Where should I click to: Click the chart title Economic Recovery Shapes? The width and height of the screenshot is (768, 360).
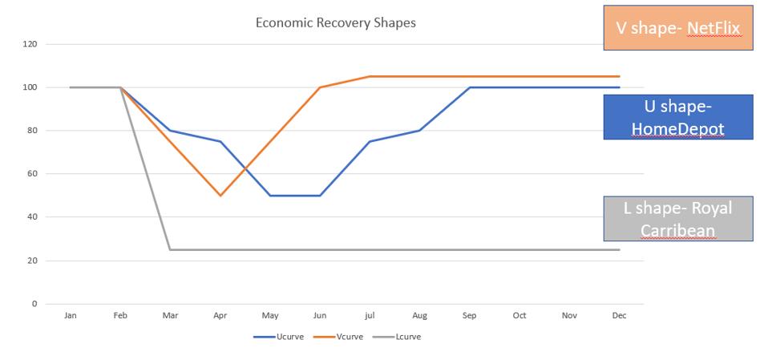pyautogui.click(x=335, y=22)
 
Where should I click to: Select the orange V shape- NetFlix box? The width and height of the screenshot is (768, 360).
pyautogui.click(x=677, y=28)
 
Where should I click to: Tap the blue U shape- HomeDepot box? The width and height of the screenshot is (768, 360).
pyautogui.click(x=677, y=117)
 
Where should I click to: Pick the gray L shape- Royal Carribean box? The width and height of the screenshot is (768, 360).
pyautogui.click(x=677, y=219)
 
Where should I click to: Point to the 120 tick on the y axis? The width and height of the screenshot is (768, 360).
pyautogui.click(x=30, y=44)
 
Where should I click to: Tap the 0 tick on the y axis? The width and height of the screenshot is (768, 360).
pyautogui.click(x=34, y=304)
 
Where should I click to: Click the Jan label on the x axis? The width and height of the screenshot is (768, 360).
pyautogui.click(x=71, y=316)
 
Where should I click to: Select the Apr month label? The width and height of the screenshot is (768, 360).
pyautogui.click(x=220, y=316)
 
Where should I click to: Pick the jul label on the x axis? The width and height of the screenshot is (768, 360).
pyautogui.click(x=370, y=316)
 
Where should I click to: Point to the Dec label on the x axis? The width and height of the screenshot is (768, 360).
pyautogui.click(x=619, y=316)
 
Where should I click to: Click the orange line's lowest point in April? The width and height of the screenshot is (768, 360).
pyautogui.click(x=220, y=196)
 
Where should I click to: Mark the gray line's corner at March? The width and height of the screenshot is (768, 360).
pyautogui.click(x=170, y=249)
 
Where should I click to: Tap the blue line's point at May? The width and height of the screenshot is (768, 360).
pyautogui.click(x=270, y=196)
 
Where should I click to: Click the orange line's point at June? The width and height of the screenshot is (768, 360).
pyautogui.click(x=320, y=87)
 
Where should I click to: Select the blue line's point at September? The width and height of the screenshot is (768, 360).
pyautogui.click(x=470, y=87)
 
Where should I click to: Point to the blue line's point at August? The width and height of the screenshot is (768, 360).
pyautogui.click(x=419, y=131)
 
